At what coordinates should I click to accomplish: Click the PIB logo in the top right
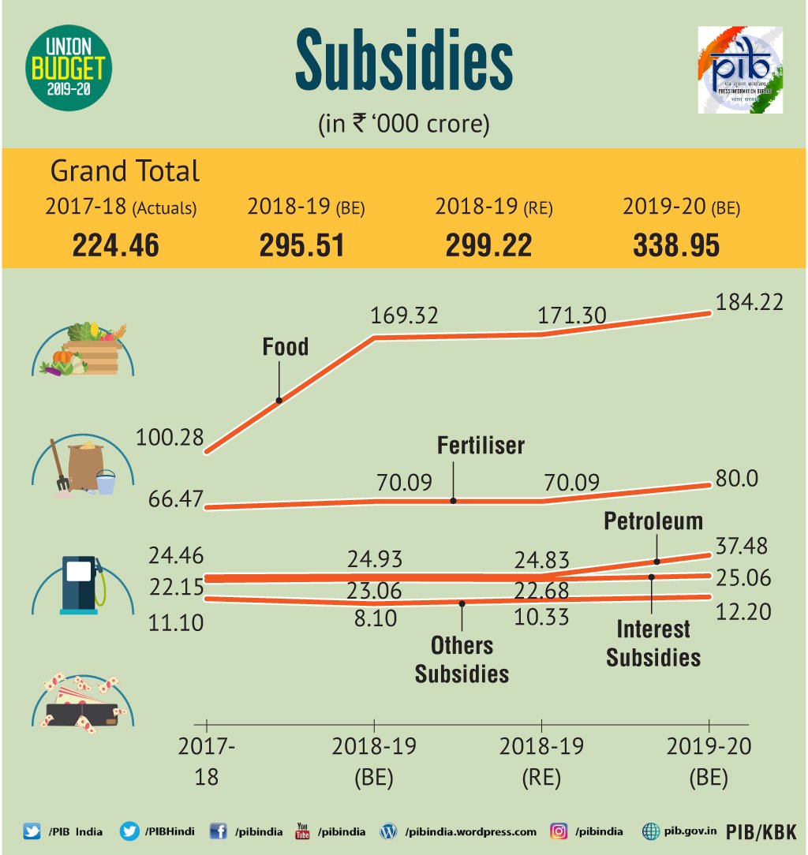(x=739, y=70)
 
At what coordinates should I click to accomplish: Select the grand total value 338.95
(x=676, y=245)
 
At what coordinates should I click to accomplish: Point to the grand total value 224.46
(x=116, y=245)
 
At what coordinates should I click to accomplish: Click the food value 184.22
(x=749, y=301)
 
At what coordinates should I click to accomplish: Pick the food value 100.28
(x=170, y=436)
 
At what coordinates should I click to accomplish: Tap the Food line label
(x=285, y=347)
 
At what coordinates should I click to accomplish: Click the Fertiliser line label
(x=481, y=446)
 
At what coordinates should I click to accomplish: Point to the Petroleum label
(x=653, y=521)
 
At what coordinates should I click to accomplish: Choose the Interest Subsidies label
(x=653, y=643)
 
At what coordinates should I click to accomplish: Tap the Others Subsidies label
(x=462, y=659)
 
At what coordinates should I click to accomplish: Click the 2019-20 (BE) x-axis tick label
(x=708, y=761)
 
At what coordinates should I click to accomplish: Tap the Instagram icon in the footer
(x=559, y=831)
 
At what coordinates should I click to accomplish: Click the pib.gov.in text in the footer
(x=689, y=831)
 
